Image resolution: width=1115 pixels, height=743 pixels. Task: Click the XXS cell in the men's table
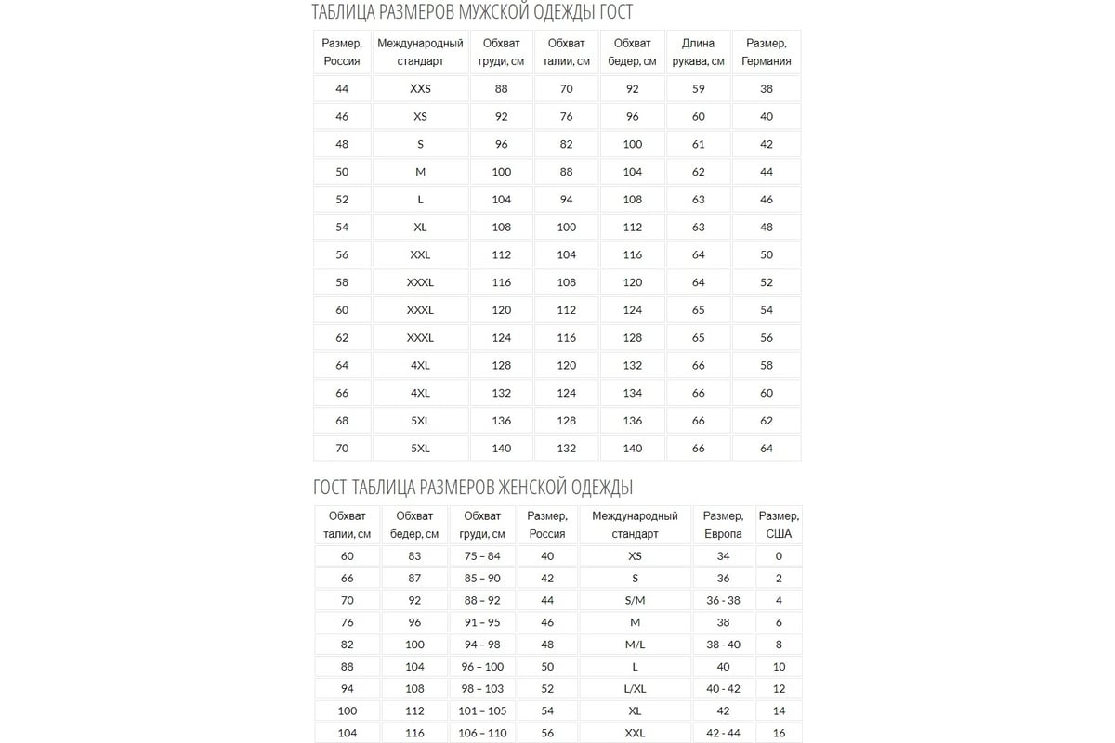(420, 89)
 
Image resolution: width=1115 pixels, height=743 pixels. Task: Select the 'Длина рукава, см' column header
(698, 52)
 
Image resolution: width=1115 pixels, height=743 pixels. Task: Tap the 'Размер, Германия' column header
(766, 52)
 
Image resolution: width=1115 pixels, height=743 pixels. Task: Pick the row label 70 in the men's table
(342, 448)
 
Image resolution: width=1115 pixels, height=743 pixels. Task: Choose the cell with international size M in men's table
(420, 172)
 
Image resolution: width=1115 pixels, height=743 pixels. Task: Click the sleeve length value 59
(698, 89)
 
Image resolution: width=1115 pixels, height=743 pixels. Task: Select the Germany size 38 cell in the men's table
(766, 89)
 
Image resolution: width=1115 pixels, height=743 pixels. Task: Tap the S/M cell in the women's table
(635, 600)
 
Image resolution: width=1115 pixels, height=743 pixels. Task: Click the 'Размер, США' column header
(779, 525)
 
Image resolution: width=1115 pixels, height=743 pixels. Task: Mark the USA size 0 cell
(779, 556)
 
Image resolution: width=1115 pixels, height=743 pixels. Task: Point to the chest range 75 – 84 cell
(482, 556)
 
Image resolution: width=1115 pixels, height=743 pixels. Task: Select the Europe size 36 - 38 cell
(723, 600)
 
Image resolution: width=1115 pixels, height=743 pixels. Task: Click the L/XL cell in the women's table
(635, 689)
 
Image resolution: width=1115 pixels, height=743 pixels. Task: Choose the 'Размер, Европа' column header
(723, 525)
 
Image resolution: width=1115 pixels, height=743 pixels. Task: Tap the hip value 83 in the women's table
(414, 556)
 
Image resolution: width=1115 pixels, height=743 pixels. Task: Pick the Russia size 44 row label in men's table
(342, 89)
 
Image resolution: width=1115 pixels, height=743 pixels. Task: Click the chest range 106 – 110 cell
(482, 733)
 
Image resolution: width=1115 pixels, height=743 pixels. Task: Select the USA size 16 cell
(779, 733)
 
